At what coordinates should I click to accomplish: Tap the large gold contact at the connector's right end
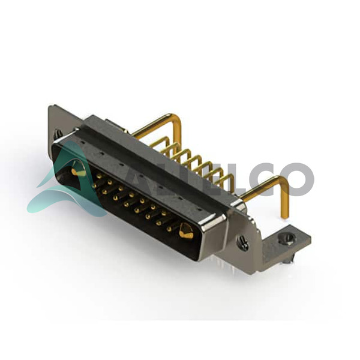[186, 230]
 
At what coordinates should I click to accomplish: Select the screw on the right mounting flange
[243, 242]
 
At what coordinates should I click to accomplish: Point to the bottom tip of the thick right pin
[286, 217]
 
